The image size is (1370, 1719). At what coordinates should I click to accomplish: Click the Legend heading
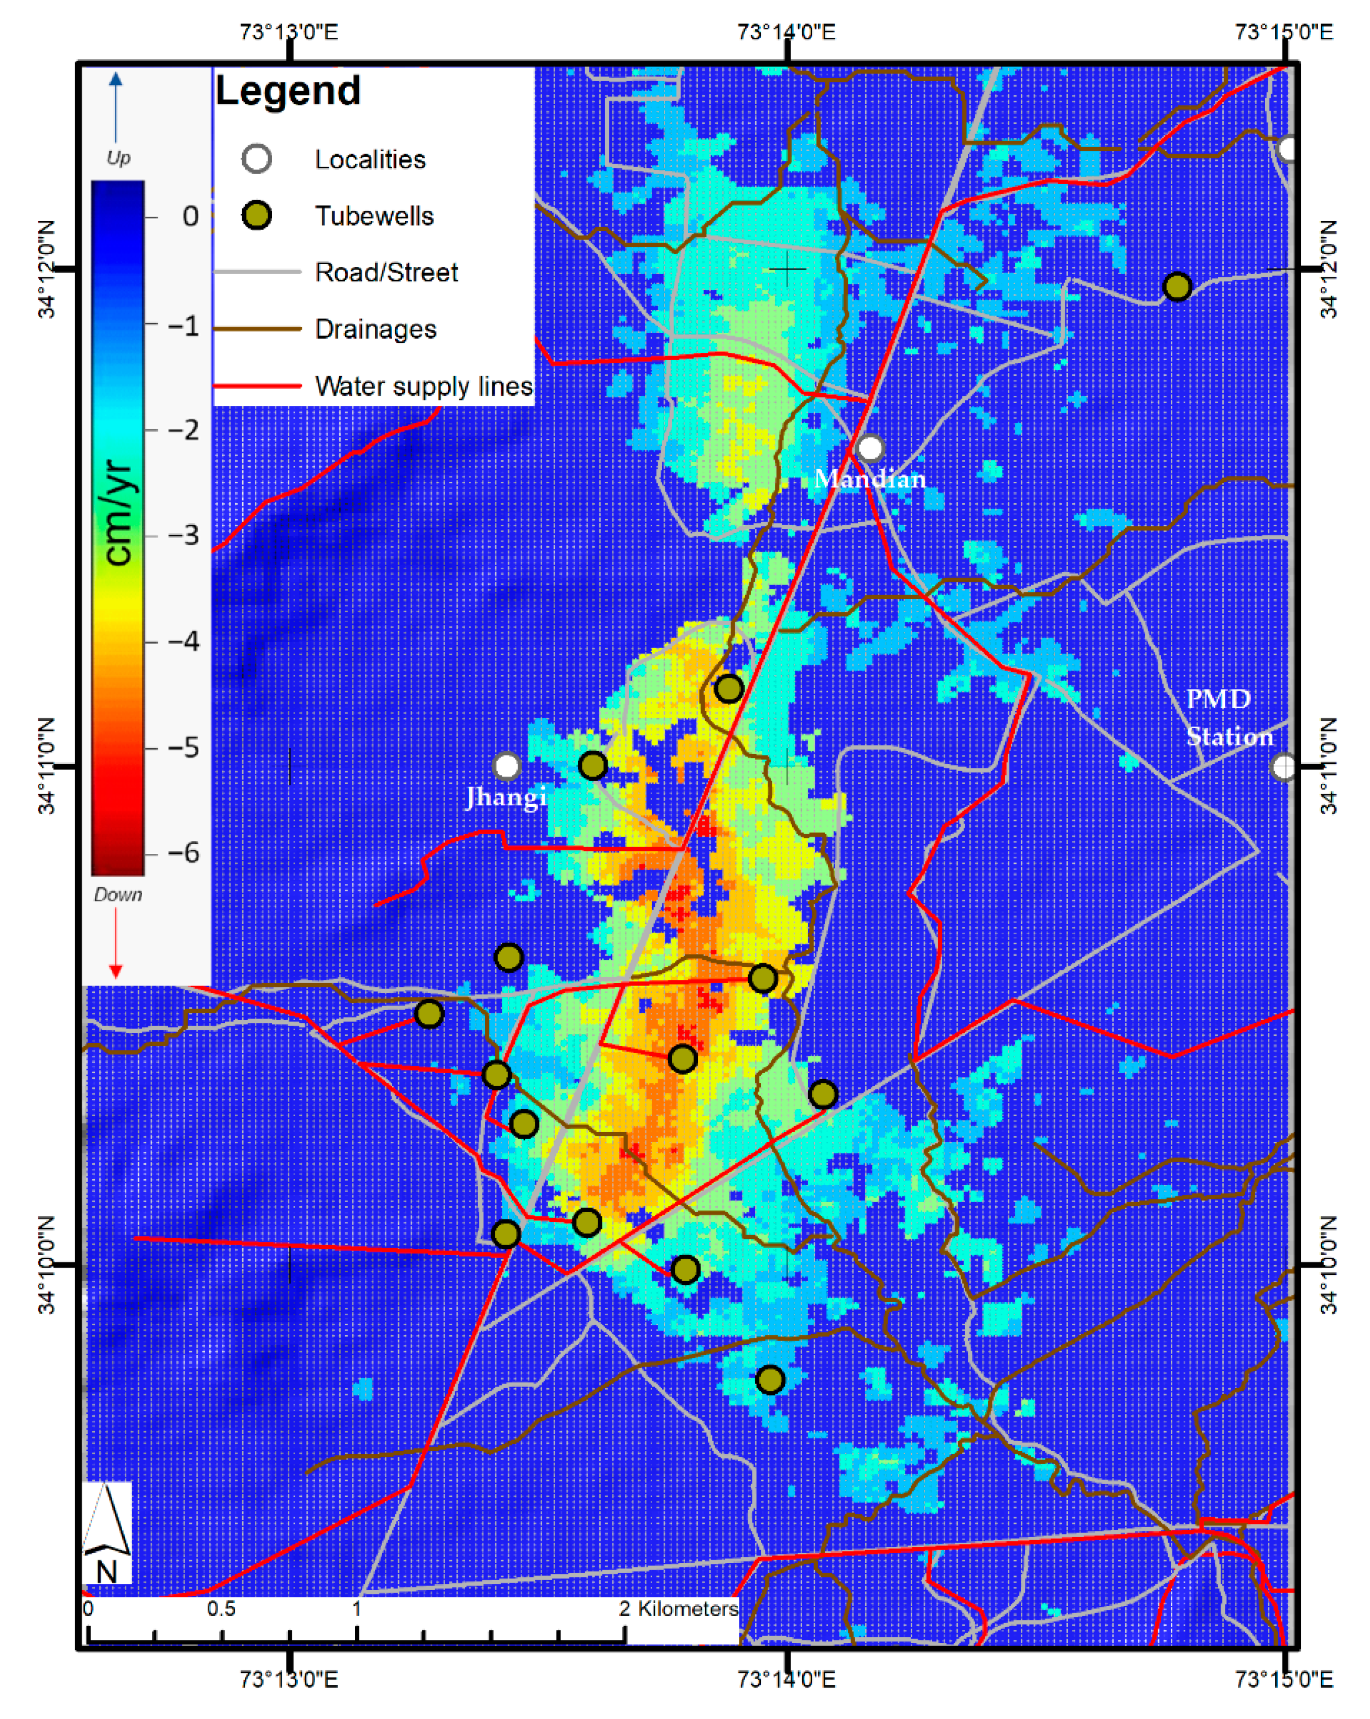tap(287, 91)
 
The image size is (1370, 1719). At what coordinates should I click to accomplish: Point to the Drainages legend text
tap(375, 329)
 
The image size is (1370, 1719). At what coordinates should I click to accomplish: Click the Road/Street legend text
tap(386, 273)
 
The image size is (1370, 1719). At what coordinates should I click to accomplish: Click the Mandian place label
tap(869, 479)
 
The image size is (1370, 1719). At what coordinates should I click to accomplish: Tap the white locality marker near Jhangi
tap(506, 766)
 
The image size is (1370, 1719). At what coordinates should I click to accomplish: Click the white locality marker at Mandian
tap(870, 448)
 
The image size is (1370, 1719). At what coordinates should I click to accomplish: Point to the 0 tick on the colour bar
tap(190, 216)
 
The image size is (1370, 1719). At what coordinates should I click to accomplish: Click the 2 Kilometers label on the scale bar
tap(678, 1608)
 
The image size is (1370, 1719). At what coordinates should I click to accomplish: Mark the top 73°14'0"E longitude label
tap(786, 32)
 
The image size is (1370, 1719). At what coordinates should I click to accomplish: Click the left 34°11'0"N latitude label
tap(48, 765)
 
